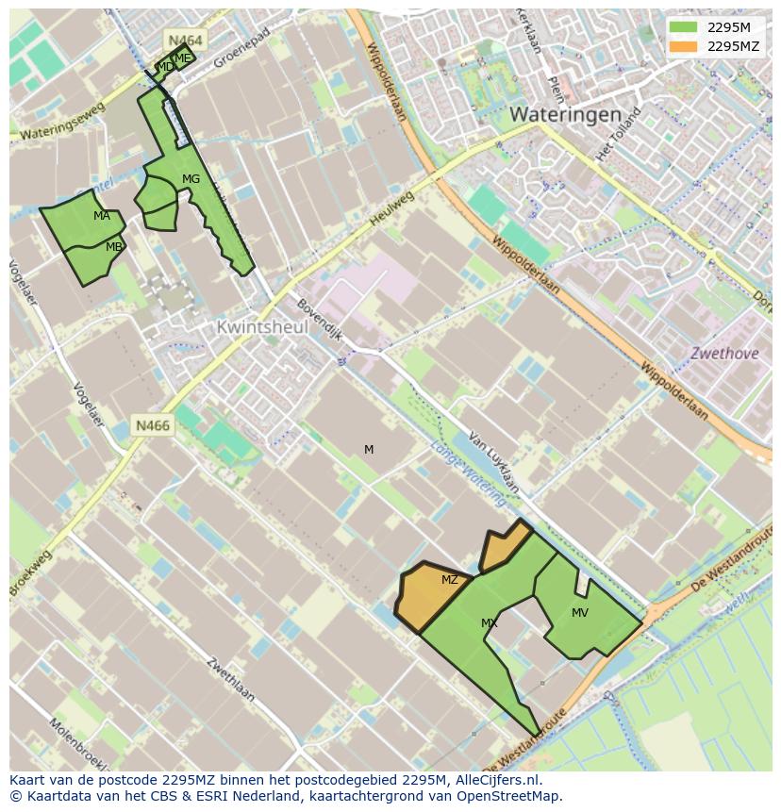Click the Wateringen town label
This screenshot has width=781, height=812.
(x=565, y=114)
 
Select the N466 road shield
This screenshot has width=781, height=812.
(x=152, y=425)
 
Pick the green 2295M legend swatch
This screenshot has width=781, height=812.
(x=683, y=27)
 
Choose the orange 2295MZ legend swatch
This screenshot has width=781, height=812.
(x=683, y=46)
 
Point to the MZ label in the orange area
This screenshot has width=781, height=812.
(x=450, y=580)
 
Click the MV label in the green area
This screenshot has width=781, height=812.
(x=580, y=613)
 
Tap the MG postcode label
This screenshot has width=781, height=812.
(x=191, y=179)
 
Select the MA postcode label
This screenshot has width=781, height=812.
(x=102, y=216)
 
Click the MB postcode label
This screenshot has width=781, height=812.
(x=113, y=247)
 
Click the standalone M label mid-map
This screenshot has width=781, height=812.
(x=369, y=450)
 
